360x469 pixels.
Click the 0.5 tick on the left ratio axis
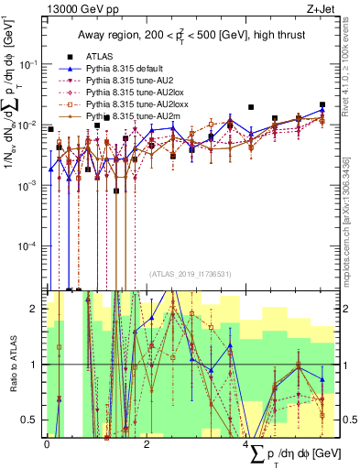click(33, 420)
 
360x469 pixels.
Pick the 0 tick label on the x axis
click(47, 443)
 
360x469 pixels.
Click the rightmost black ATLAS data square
click(322, 105)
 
